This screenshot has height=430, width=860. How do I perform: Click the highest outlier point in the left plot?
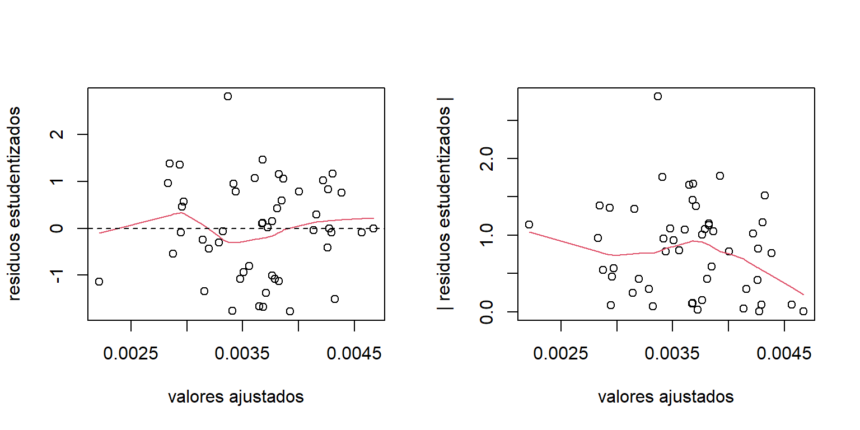(228, 96)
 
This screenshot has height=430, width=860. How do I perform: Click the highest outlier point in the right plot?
(658, 96)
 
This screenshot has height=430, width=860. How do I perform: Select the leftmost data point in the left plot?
(99, 282)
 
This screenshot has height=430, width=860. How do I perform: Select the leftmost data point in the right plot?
(529, 225)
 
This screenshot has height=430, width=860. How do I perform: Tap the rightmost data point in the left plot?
(373, 228)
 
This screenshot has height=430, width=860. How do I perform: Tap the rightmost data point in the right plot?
(803, 311)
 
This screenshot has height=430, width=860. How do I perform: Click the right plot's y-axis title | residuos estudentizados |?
(445, 204)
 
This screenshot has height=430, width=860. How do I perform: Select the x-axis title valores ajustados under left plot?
(236, 397)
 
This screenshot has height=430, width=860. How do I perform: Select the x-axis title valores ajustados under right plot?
(666, 397)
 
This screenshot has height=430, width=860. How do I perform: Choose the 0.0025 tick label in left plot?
(130, 354)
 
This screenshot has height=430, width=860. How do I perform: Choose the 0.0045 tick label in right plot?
(784, 354)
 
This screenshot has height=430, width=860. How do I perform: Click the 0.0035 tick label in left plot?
(242, 354)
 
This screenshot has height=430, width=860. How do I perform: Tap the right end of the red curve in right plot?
(803, 295)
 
